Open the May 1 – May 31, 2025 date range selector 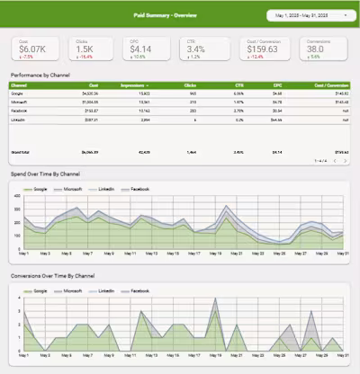[x=305, y=15]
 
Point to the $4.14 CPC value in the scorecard [x=141, y=50]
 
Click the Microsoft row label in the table [x=18, y=102]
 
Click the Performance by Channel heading [x=40, y=75]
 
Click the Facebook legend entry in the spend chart [x=138, y=190]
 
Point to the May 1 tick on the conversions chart [x=22, y=354]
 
